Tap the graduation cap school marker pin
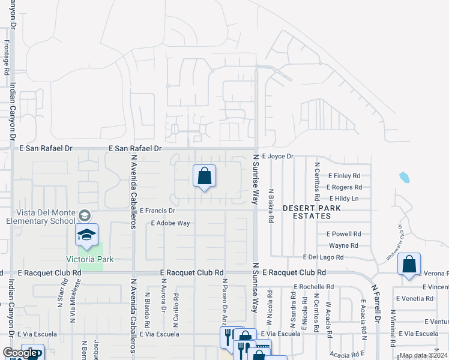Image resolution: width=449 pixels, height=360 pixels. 86,235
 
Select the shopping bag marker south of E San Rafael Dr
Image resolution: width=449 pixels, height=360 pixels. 204,176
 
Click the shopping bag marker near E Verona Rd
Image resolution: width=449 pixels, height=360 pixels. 409,265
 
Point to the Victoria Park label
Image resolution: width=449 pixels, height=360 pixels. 89,259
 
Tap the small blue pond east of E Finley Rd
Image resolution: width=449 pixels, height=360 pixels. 404,178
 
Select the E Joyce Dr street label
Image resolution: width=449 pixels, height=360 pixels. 277,156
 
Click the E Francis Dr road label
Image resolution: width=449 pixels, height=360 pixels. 157,211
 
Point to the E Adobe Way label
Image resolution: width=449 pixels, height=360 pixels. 170,223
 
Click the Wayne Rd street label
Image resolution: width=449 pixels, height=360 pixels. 343,245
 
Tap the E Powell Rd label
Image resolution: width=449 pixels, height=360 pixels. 343,234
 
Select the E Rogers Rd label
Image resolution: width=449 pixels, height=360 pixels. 344,187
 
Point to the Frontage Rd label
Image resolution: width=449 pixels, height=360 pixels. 7,57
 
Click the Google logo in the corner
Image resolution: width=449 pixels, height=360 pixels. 20,353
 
